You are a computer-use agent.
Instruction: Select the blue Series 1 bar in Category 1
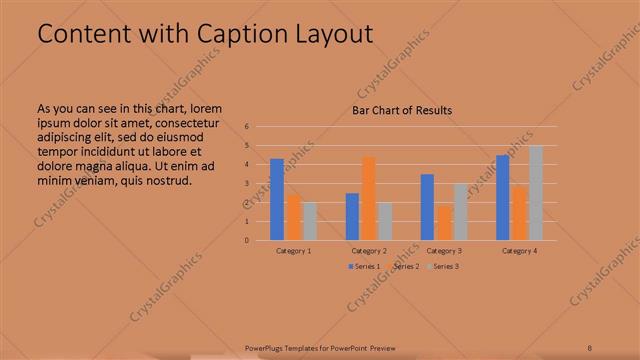[276, 199]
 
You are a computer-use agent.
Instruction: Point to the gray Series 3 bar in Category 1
[309, 221]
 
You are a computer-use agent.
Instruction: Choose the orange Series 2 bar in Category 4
[520, 213]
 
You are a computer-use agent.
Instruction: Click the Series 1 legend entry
[362, 267]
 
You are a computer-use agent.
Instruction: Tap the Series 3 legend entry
[443, 267]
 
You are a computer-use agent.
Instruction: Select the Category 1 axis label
[293, 250]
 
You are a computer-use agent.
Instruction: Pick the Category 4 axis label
[520, 250]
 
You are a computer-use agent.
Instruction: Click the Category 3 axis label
[444, 250]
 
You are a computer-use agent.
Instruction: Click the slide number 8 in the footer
[589, 348]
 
